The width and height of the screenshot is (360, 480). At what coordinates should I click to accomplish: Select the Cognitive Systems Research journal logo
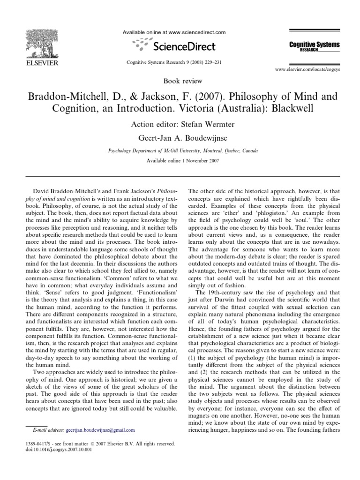pos(314,46)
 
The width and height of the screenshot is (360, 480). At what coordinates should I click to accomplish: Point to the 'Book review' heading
pos(180,81)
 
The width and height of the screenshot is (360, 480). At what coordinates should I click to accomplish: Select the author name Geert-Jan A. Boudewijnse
pos(180,138)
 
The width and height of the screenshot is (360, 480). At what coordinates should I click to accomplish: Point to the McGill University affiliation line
pos(180,151)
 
